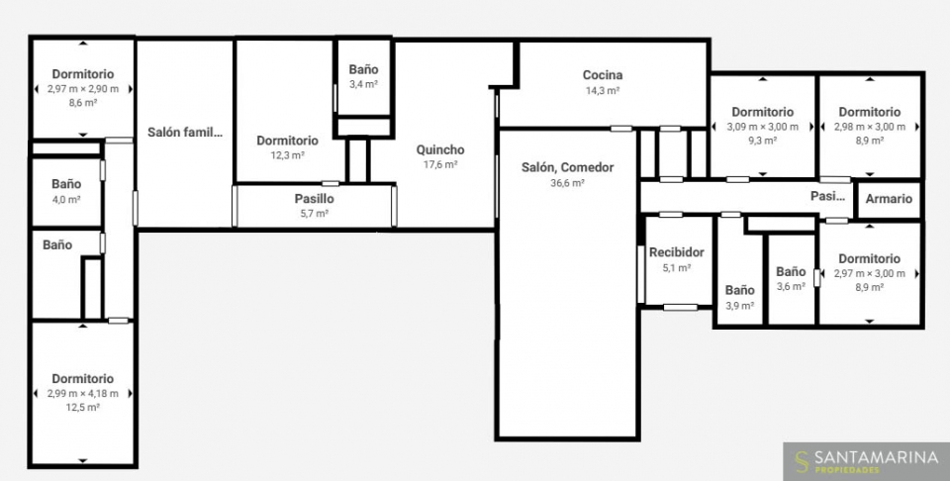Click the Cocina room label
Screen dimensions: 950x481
pos(603,75)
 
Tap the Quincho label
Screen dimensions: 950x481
pos(440,149)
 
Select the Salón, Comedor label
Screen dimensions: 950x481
pos(568,167)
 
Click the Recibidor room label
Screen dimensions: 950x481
pos(677,252)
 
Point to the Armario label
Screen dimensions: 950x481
pos(889,199)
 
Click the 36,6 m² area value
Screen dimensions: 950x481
pos(567,183)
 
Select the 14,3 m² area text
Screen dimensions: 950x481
pos(603,91)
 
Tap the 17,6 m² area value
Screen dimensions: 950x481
pos(440,164)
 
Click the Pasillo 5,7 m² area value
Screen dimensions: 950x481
pos(315,213)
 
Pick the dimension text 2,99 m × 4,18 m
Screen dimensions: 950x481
pos(83,393)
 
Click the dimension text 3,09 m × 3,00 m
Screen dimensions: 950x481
pos(763,127)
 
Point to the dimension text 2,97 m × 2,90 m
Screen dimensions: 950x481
pos(83,89)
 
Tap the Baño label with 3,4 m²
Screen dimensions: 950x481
pos(363,69)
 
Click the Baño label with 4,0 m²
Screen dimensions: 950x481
pos(66,183)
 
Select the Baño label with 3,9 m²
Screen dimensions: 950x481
pos(740,290)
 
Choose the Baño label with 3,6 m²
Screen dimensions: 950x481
pos(791,271)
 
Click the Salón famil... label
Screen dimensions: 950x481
pos(185,132)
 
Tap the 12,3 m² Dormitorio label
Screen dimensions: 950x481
pos(287,141)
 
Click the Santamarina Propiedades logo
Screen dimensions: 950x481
pos(866,461)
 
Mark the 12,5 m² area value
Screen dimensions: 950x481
pos(83,408)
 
